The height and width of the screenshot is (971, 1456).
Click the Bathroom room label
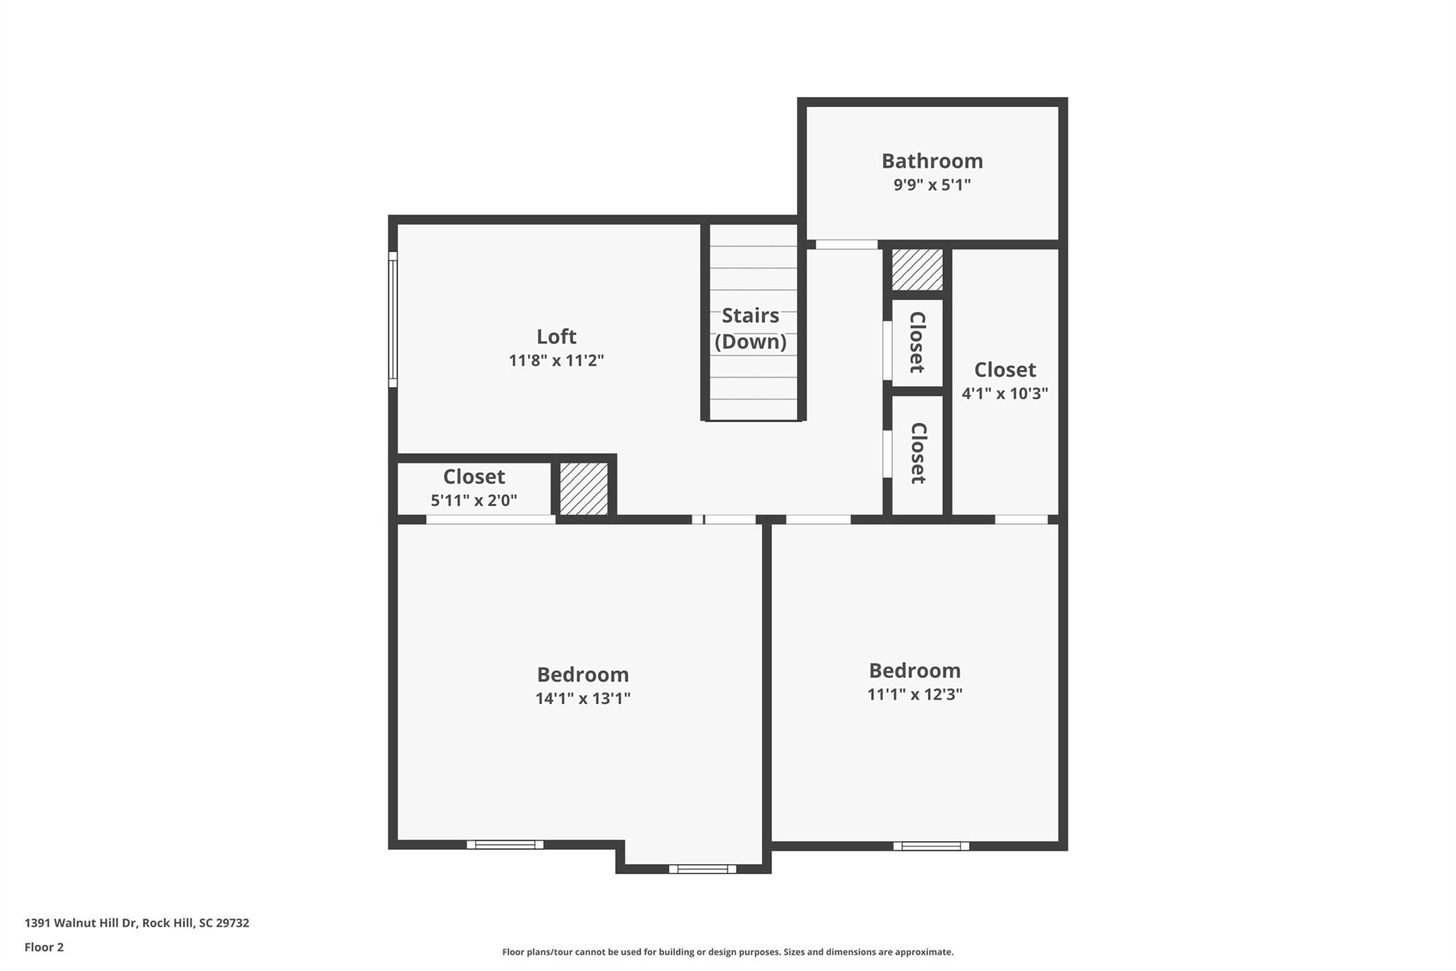coord(932,161)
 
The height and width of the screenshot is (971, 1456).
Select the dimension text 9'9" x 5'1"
coord(932,185)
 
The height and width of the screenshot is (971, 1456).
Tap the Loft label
coord(556,336)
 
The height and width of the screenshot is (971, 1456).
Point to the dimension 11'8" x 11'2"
coord(556,361)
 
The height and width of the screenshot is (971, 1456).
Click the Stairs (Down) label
coord(751,328)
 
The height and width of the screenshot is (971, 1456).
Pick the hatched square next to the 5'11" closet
coord(584,489)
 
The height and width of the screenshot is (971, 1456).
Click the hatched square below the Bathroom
coord(917,270)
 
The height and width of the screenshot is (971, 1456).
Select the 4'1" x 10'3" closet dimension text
coord(1005,393)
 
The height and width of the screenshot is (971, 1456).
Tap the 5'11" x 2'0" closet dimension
coord(473,500)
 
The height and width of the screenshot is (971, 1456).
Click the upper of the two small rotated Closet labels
coord(917,342)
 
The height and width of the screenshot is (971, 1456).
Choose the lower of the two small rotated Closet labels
coord(918,453)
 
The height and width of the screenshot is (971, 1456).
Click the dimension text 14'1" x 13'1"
coord(583,699)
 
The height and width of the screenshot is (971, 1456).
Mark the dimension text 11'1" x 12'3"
coord(914,694)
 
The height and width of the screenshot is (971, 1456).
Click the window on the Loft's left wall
coord(392,319)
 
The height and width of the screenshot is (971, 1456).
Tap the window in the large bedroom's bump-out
coord(702,869)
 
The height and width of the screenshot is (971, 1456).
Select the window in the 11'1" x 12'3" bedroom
coord(931,846)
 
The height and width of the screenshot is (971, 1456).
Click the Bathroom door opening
coord(846,245)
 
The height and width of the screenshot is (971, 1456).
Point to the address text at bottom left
coord(136,923)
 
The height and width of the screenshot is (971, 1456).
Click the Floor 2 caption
coord(44,947)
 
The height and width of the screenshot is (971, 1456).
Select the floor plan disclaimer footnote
coord(727,952)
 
